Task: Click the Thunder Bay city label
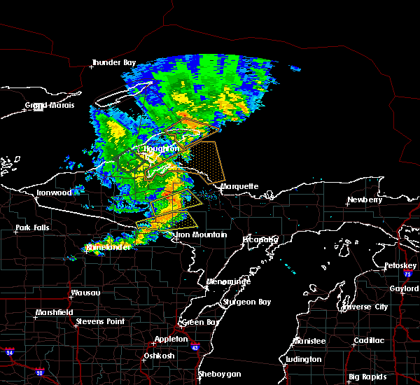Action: [x=113, y=63]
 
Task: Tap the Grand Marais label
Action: [x=45, y=106]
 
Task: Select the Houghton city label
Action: [x=161, y=149]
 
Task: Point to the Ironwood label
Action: [x=55, y=192]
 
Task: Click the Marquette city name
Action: [x=239, y=187]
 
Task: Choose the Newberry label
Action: [x=365, y=200]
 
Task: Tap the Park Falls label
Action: [x=33, y=228]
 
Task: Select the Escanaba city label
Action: [x=261, y=239]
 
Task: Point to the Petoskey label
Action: [x=400, y=266]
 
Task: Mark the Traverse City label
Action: [x=364, y=307]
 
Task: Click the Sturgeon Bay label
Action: [x=243, y=302]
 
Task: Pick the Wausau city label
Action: [x=85, y=293]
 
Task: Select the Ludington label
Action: [x=304, y=360]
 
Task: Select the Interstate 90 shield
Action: [x=38, y=371]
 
